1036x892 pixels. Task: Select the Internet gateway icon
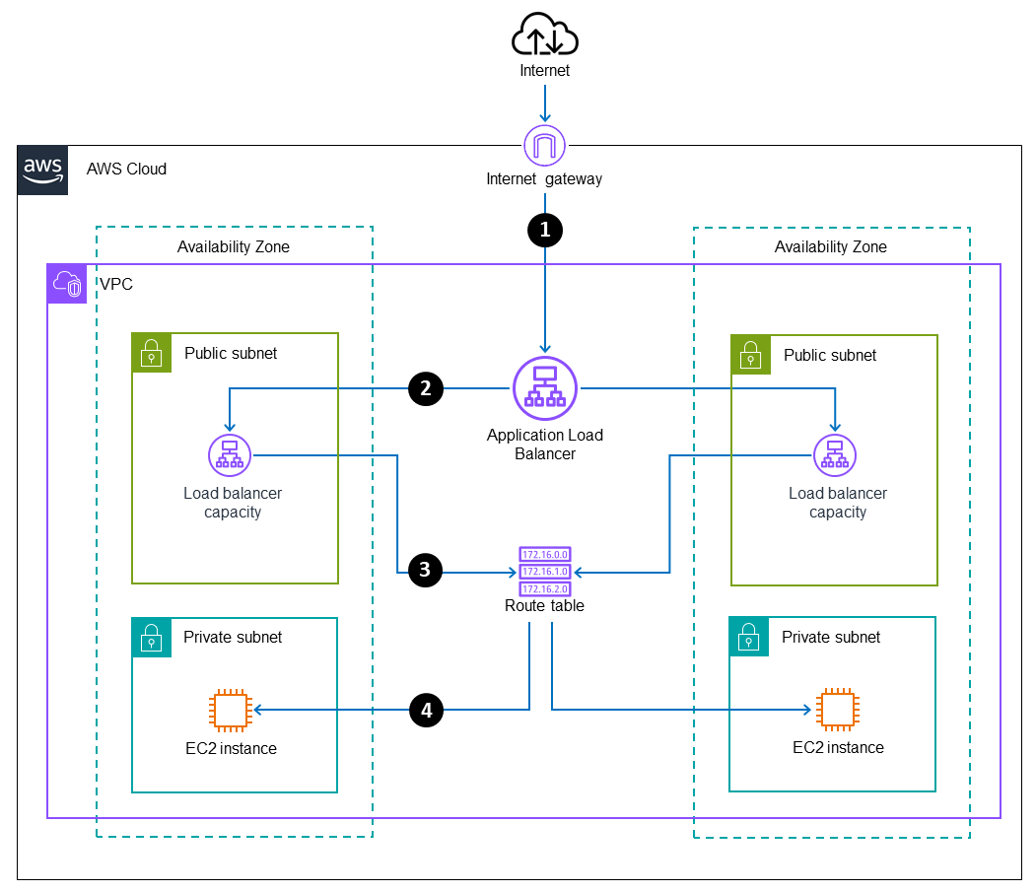coord(544,146)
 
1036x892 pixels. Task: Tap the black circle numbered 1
coord(544,229)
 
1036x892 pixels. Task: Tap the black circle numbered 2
coord(426,389)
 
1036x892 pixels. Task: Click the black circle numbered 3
coord(426,569)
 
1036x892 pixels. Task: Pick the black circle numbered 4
coord(426,709)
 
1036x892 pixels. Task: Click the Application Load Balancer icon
coord(544,388)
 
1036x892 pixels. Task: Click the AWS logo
coord(43,170)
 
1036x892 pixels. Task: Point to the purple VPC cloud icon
coord(67,284)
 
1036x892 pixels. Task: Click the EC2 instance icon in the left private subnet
coord(229,709)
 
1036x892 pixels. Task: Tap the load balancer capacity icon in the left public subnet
coord(230,455)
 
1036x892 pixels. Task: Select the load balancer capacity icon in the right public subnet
coord(835,455)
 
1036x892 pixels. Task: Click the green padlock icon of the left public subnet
coord(152,352)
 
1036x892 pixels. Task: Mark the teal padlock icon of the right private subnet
coord(749,637)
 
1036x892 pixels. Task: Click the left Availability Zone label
coord(234,247)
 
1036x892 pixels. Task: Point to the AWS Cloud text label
coord(126,169)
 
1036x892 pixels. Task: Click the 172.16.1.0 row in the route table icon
coord(544,572)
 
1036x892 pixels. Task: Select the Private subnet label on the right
coord(831,637)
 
